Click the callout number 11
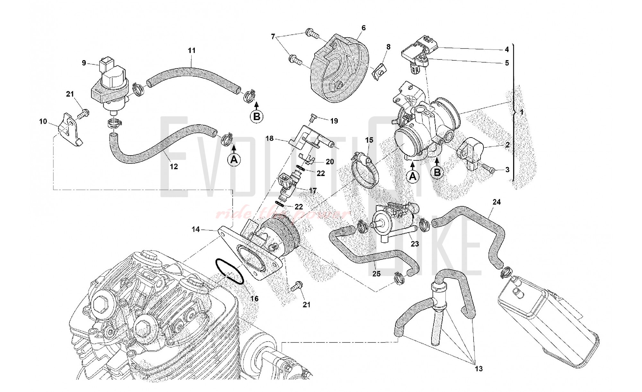click(x=192, y=50)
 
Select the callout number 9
click(x=84, y=63)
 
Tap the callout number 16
click(x=254, y=299)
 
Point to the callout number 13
click(x=479, y=369)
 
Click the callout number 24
click(x=497, y=202)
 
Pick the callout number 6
click(x=363, y=28)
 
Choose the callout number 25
click(x=376, y=273)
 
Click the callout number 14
click(x=196, y=229)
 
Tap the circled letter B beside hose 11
click(x=256, y=116)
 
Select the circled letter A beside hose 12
click(x=234, y=159)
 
